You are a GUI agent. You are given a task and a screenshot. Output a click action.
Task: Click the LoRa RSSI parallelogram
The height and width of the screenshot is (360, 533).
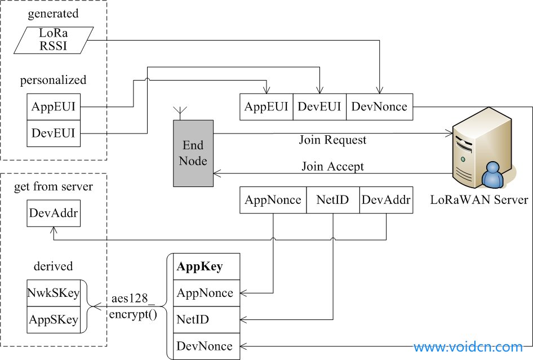(x=54, y=40)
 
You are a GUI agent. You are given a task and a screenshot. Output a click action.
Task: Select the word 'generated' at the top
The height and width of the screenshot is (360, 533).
(x=53, y=14)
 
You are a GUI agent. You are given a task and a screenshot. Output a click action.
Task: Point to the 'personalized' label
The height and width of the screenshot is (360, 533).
(x=53, y=80)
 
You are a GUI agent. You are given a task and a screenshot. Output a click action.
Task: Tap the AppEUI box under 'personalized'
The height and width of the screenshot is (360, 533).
(x=54, y=106)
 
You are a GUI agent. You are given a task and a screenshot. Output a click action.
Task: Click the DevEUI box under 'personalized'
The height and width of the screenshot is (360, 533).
(x=54, y=134)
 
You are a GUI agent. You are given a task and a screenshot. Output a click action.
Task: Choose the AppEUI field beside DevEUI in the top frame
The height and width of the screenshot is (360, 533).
(x=266, y=106)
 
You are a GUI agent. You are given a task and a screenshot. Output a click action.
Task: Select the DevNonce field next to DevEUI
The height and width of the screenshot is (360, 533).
(x=379, y=106)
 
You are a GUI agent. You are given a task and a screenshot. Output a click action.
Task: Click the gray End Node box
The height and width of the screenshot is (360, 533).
(x=193, y=153)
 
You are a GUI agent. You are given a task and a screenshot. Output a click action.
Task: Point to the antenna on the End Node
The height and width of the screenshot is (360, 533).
(x=180, y=113)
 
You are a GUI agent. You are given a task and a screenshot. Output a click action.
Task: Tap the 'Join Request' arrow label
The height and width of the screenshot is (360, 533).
(x=332, y=140)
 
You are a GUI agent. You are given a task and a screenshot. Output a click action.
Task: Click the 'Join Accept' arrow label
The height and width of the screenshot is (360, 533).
(x=332, y=167)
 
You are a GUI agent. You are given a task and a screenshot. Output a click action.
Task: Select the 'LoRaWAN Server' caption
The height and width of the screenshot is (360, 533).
(x=479, y=199)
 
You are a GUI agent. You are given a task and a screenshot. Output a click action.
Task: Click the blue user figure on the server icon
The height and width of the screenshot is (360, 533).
(x=493, y=175)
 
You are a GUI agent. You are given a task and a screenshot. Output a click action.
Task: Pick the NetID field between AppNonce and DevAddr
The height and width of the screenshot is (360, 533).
(x=333, y=200)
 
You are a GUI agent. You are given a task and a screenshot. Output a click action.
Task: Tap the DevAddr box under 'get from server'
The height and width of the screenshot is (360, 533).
(x=54, y=213)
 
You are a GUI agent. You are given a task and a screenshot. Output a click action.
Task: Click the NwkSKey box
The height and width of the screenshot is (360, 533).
(x=54, y=293)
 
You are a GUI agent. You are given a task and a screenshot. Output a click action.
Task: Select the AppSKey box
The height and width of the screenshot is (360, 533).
(x=54, y=319)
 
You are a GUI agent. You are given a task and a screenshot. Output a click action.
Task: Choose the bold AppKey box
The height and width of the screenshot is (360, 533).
(x=207, y=266)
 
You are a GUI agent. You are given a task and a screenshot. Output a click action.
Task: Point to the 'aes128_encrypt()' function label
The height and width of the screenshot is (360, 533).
(x=133, y=306)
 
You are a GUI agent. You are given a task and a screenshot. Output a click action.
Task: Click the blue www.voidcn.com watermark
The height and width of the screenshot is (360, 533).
(x=468, y=347)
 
